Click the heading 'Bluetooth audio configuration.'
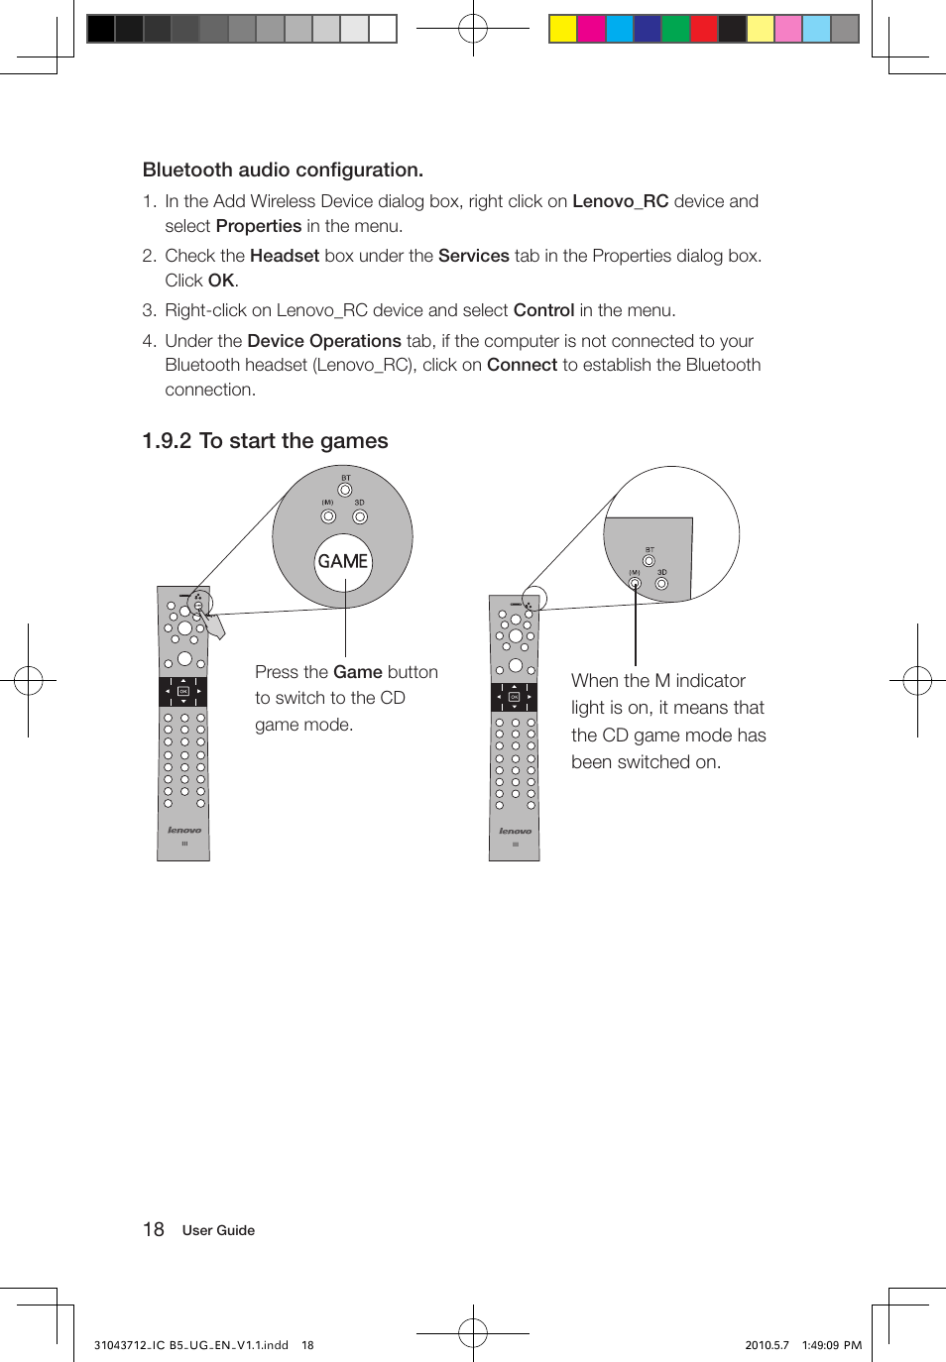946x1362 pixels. click(x=283, y=170)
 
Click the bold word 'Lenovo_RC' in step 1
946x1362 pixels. click(x=620, y=201)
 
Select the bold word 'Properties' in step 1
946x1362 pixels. click(x=258, y=226)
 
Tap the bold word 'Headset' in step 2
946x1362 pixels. click(x=284, y=256)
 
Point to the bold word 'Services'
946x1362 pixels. click(x=473, y=256)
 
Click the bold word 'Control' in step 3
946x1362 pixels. click(x=543, y=310)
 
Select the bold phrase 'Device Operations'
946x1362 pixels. click(x=323, y=341)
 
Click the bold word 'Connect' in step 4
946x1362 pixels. click(x=522, y=365)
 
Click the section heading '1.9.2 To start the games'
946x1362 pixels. click(x=265, y=441)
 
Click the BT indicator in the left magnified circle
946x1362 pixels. click(x=345, y=490)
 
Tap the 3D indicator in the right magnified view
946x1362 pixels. click(x=661, y=583)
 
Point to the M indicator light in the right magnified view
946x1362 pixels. click(x=635, y=583)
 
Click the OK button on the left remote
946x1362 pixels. click(x=183, y=691)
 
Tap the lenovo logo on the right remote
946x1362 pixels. click(x=515, y=831)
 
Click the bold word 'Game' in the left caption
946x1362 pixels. click(x=358, y=672)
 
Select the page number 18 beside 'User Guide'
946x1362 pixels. click(x=154, y=1230)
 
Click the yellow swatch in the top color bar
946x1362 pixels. click(x=563, y=29)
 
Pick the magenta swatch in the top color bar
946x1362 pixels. click(x=591, y=29)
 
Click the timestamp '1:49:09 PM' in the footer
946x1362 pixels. click(x=831, y=1345)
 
